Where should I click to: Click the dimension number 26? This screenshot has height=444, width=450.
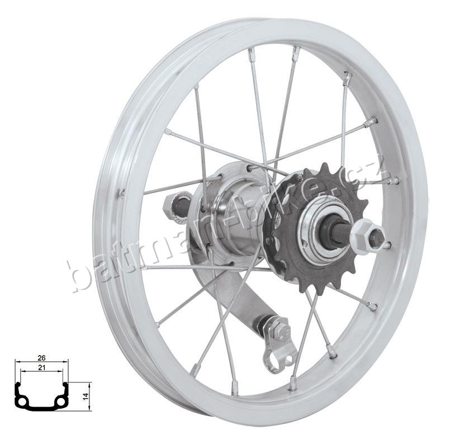tap(41, 358)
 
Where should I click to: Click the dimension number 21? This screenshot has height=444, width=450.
tap(41, 367)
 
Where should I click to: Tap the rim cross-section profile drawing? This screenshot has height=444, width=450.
tap(42, 396)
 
